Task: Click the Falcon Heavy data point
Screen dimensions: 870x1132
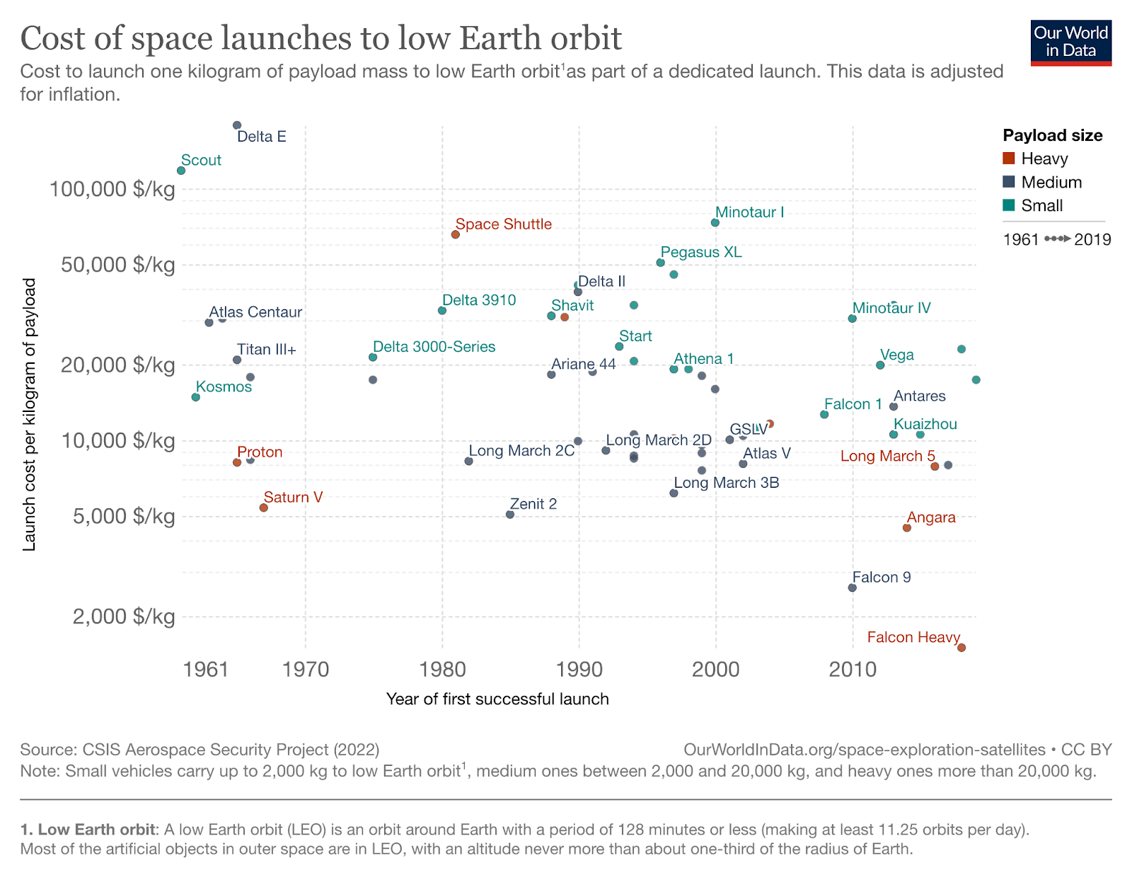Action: pyautogui.click(x=961, y=647)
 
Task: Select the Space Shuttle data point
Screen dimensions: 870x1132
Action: pyautogui.click(x=455, y=234)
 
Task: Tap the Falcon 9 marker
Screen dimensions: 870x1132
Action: pyautogui.click(x=852, y=588)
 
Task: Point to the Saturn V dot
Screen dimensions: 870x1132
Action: pyautogui.click(x=263, y=508)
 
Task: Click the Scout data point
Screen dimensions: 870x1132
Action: pyautogui.click(x=181, y=171)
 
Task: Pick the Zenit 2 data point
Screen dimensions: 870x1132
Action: pyautogui.click(x=510, y=514)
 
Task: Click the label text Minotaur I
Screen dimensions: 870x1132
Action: pyautogui.click(x=749, y=212)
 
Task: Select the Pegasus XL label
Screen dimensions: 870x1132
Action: pyautogui.click(x=700, y=252)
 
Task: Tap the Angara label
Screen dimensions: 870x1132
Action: pyautogui.click(x=931, y=517)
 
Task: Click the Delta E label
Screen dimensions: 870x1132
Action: pyautogui.click(x=261, y=137)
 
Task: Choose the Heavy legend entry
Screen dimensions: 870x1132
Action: pyautogui.click(x=1044, y=159)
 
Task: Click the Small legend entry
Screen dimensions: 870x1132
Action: pyautogui.click(x=1041, y=205)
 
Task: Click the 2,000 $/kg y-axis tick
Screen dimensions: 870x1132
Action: pyautogui.click(x=124, y=617)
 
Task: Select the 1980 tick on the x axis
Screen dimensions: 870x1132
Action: pyautogui.click(x=443, y=669)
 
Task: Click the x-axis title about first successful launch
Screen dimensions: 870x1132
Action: pyautogui.click(x=497, y=699)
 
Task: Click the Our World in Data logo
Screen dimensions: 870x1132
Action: pyautogui.click(x=1070, y=42)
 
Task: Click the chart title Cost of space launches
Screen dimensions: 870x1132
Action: pyautogui.click(x=321, y=38)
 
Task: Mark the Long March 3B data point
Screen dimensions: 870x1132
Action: pyautogui.click(x=674, y=493)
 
